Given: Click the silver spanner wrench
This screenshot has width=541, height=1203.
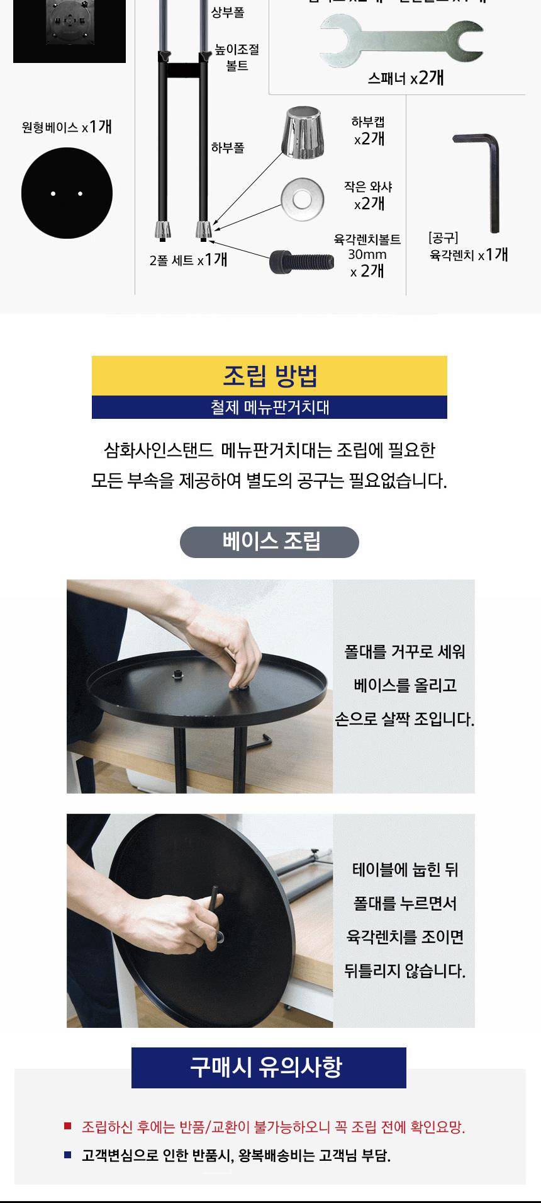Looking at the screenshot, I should click(401, 42).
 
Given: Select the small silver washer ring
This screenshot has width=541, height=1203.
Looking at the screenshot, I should click(301, 200).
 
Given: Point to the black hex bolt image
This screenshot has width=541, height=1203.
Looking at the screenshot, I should click(301, 261).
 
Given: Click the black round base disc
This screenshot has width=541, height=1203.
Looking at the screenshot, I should click(67, 193).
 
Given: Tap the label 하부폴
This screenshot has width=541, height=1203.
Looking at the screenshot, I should click(228, 148).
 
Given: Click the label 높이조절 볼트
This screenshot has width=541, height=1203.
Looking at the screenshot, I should click(237, 57).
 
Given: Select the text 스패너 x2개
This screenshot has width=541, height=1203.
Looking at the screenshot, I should click(406, 78).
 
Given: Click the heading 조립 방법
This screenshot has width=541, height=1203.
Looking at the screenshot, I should click(269, 376).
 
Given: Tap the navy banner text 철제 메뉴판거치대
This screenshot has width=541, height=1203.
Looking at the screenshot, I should click(269, 408).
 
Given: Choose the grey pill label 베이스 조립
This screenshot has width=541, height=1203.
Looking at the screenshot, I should click(269, 542).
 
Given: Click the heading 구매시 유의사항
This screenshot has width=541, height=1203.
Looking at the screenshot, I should click(269, 1067).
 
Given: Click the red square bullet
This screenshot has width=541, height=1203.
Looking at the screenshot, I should click(67, 1126).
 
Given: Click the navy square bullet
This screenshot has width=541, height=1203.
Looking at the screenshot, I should click(67, 1155).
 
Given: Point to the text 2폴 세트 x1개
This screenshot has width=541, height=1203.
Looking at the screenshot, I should click(188, 259).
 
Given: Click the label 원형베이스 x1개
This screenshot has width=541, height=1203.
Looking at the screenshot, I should click(67, 127).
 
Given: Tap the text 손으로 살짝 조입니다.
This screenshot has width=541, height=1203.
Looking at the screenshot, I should click(404, 719).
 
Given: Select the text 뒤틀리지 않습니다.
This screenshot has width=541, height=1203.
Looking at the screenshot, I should click(404, 971).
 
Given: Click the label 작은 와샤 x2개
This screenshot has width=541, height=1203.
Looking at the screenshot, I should click(368, 195).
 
